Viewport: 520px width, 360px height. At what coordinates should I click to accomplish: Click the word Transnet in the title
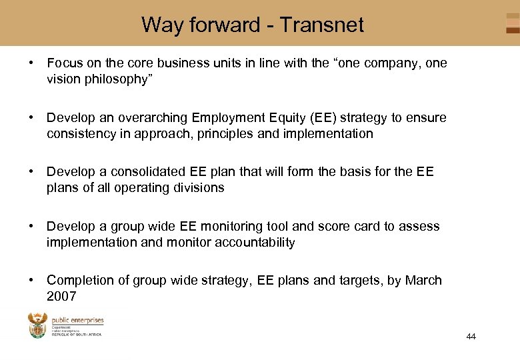321,25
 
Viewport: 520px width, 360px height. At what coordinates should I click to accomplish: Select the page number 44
471,337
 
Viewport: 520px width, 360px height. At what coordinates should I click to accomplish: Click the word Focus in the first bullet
64,63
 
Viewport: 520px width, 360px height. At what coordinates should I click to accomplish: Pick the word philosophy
112,79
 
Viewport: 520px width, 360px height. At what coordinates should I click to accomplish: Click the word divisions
196,188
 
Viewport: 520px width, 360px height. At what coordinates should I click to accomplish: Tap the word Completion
78,281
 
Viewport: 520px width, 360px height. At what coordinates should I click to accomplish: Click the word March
423,281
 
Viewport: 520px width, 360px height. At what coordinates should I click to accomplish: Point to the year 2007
61,296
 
